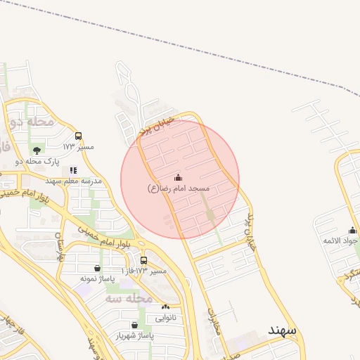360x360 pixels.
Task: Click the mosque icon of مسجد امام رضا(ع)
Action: click(178, 177)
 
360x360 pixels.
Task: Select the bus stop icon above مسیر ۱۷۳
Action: click(78, 136)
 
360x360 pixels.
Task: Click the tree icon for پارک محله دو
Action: click(37, 150)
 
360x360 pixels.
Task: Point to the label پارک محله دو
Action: click(62, 162)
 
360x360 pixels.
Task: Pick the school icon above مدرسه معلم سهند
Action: click(73, 170)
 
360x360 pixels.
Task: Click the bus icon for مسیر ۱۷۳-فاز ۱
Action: click(143, 259)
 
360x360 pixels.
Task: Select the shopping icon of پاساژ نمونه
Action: click(96, 268)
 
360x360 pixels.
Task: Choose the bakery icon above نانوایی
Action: click(165, 307)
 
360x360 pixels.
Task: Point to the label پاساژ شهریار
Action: click(144, 336)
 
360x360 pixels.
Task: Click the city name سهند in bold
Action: click(283, 330)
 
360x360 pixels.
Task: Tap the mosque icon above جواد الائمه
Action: click(352, 230)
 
